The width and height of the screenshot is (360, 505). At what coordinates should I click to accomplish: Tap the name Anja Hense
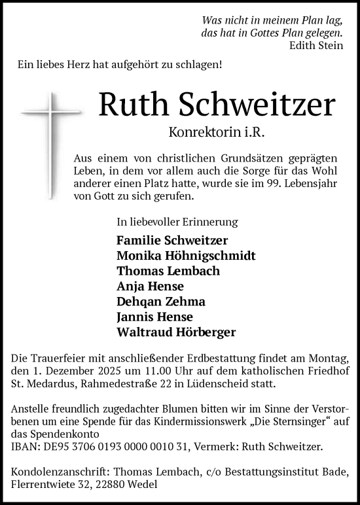pyautogui.click(x=150, y=286)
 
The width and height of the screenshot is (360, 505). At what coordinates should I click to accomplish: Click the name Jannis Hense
pyautogui.click(x=155, y=317)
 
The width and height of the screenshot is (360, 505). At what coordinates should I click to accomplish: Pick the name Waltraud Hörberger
pyautogui.click(x=176, y=332)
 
